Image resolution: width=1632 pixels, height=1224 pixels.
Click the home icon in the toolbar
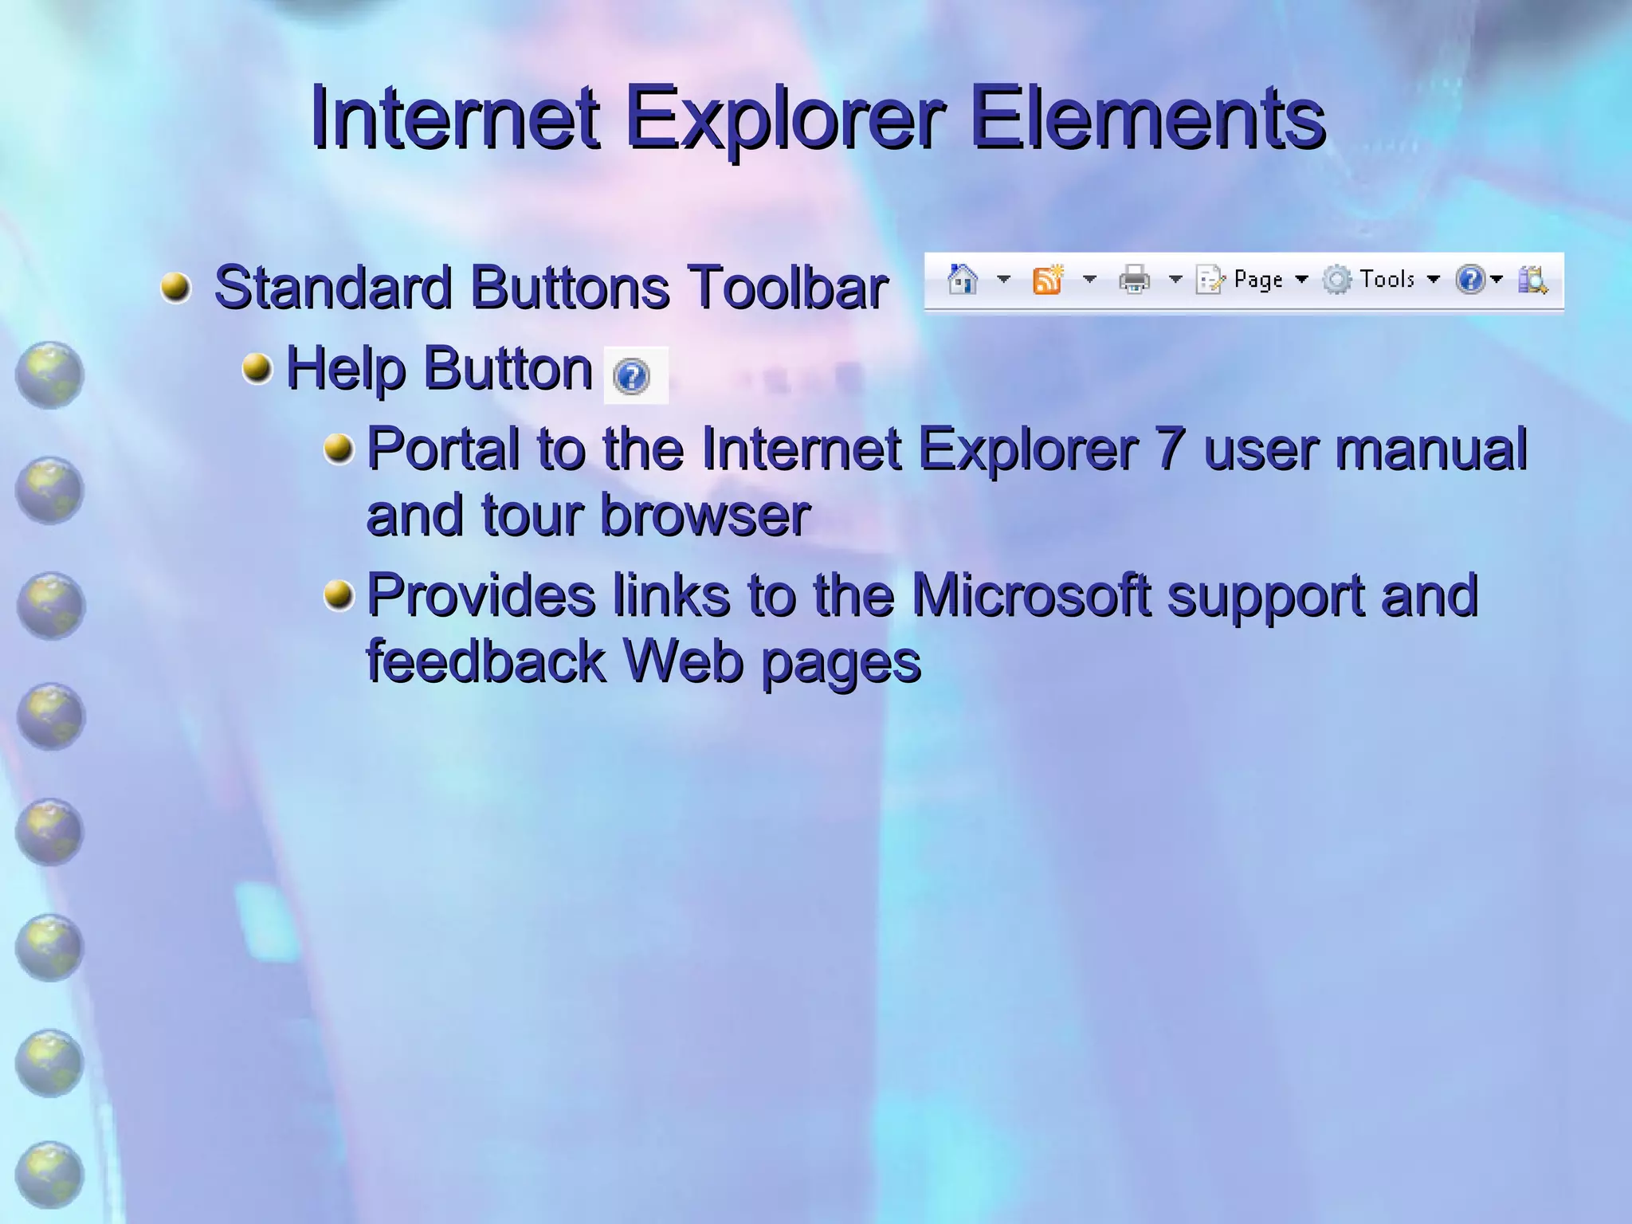pos(963,280)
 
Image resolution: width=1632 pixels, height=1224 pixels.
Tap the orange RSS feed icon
pos(1048,280)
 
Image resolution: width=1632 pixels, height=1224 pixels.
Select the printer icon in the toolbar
pos(1134,280)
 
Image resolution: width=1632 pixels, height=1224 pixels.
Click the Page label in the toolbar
pos(1258,280)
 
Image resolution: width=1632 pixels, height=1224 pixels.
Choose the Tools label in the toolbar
pos(1387,279)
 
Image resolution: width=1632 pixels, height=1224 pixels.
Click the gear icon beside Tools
pos(1337,280)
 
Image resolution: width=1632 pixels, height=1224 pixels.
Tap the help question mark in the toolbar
pos(1469,280)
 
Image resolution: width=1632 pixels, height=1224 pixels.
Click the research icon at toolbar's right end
pos(1532,280)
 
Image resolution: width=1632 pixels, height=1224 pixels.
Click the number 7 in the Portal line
pos(1170,449)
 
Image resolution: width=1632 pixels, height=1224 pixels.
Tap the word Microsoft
pos(1031,595)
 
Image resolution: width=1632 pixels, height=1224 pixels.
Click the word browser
pos(705,516)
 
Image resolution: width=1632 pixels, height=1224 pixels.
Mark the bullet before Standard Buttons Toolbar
pos(176,287)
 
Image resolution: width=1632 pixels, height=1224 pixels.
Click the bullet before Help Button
pos(257,368)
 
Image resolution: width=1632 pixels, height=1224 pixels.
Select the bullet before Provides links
pos(339,595)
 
